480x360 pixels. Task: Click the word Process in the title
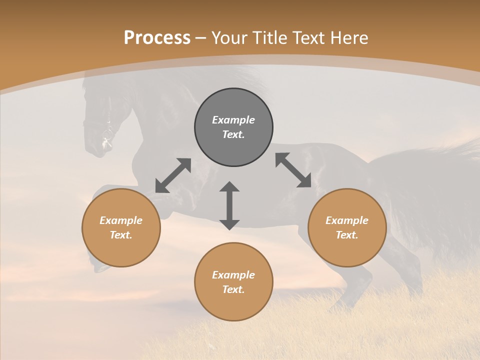[157, 38]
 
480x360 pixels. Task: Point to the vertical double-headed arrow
[229, 205]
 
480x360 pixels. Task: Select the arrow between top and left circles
[173, 175]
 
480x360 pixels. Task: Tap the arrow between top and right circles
[293, 170]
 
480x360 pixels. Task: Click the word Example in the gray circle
[233, 120]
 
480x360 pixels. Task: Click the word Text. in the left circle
[121, 235]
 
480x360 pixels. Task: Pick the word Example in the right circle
[347, 220]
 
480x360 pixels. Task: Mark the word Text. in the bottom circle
[233, 289]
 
